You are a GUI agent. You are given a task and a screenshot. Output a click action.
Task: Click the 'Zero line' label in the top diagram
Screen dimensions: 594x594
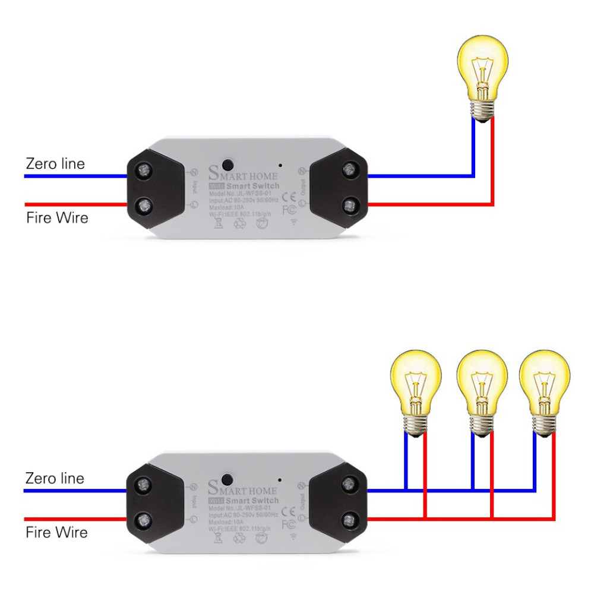tap(55, 163)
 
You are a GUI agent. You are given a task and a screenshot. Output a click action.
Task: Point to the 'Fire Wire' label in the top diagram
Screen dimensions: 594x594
tap(57, 217)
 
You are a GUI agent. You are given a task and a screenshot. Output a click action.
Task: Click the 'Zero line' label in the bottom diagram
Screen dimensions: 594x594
tap(55, 478)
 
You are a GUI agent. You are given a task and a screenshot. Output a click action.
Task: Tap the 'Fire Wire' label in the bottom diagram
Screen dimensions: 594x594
tap(56, 532)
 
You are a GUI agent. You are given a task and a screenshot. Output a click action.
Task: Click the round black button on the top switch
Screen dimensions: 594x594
tap(226, 163)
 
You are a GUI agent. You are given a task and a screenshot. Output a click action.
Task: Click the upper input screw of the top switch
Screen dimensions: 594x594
tap(143, 173)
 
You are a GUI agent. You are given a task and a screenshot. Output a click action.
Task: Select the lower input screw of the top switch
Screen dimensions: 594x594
tap(143, 207)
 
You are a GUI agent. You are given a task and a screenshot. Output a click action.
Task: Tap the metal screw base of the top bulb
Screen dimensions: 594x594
tap(482, 109)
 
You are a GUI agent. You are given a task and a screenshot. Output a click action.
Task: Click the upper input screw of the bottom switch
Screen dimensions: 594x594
tap(143, 488)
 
